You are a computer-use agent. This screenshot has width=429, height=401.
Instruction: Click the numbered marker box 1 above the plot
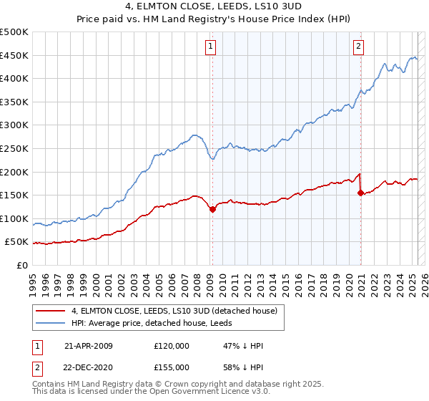pyautogui.click(x=212, y=47)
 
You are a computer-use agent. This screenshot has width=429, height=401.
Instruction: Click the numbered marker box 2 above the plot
pyautogui.click(x=357, y=47)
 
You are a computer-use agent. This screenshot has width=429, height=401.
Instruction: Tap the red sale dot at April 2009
pyautogui.click(x=212, y=209)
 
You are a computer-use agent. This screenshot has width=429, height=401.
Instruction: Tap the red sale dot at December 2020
pyautogui.click(x=360, y=193)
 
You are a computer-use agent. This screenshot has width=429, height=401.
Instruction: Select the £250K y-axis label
pyautogui.click(x=14, y=148)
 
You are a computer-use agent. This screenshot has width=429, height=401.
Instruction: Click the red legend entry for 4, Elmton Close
pyautogui.click(x=178, y=310)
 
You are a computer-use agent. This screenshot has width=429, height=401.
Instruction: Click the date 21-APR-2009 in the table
pyautogui.click(x=88, y=346)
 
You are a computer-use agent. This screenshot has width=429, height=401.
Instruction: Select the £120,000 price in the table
pyautogui.click(x=171, y=346)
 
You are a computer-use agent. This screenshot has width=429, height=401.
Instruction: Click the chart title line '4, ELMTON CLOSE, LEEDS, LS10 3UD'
pyautogui.click(x=214, y=8)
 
